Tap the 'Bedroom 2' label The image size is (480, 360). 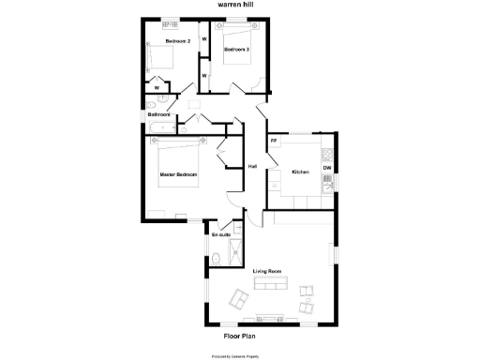coord(178,42)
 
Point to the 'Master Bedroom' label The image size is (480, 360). coord(178,174)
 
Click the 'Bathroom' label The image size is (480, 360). coord(158,114)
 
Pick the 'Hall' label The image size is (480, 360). coord(252,167)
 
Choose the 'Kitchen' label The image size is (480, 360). coord(300,172)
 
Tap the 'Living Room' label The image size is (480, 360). coord(267,271)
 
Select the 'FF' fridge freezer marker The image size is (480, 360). coord(274,141)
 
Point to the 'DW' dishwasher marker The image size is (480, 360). coord(327,168)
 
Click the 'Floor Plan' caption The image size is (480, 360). coord(239,335)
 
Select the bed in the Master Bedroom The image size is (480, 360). coord(178,157)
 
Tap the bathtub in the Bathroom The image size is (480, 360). coord(159,126)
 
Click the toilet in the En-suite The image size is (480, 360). coord(217,258)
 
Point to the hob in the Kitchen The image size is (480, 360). coord(326,154)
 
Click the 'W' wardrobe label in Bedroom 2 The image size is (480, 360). coord(157,88)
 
